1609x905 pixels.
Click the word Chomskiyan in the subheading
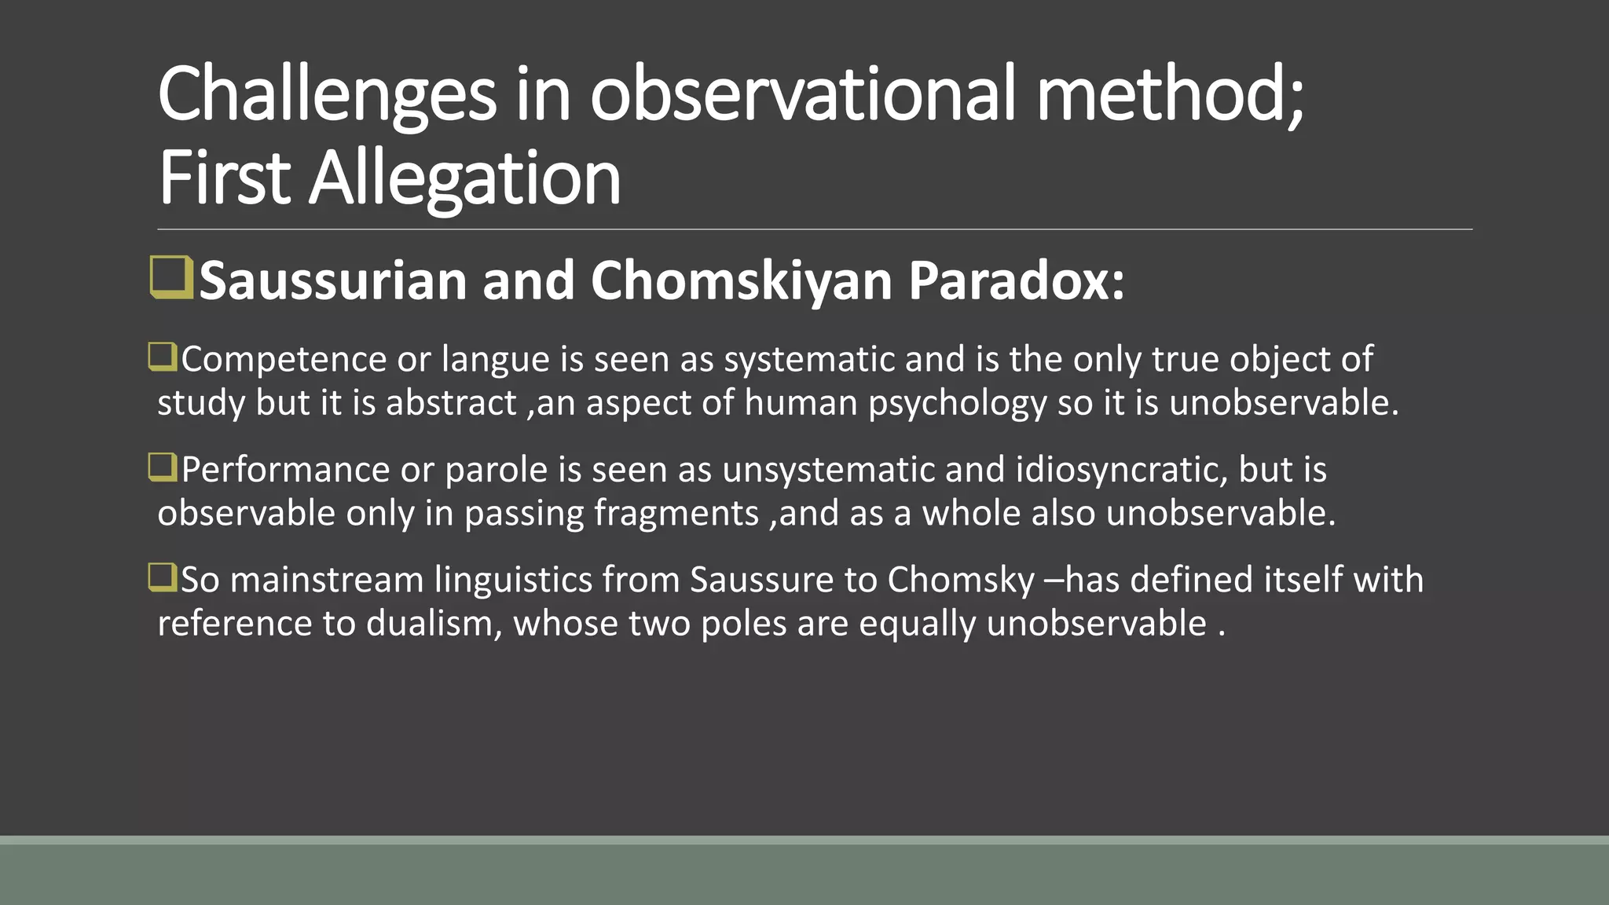(x=741, y=280)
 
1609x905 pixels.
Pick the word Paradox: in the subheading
(x=1017, y=280)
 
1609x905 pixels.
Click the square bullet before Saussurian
(x=170, y=277)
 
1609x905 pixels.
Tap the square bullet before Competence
(x=163, y=357)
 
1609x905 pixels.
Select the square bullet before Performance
(x=163, y=467)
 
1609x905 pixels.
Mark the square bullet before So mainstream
(x=163, y=577)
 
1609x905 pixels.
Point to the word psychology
(x=957, y=403)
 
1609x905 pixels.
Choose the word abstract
(x=451, y=403)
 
